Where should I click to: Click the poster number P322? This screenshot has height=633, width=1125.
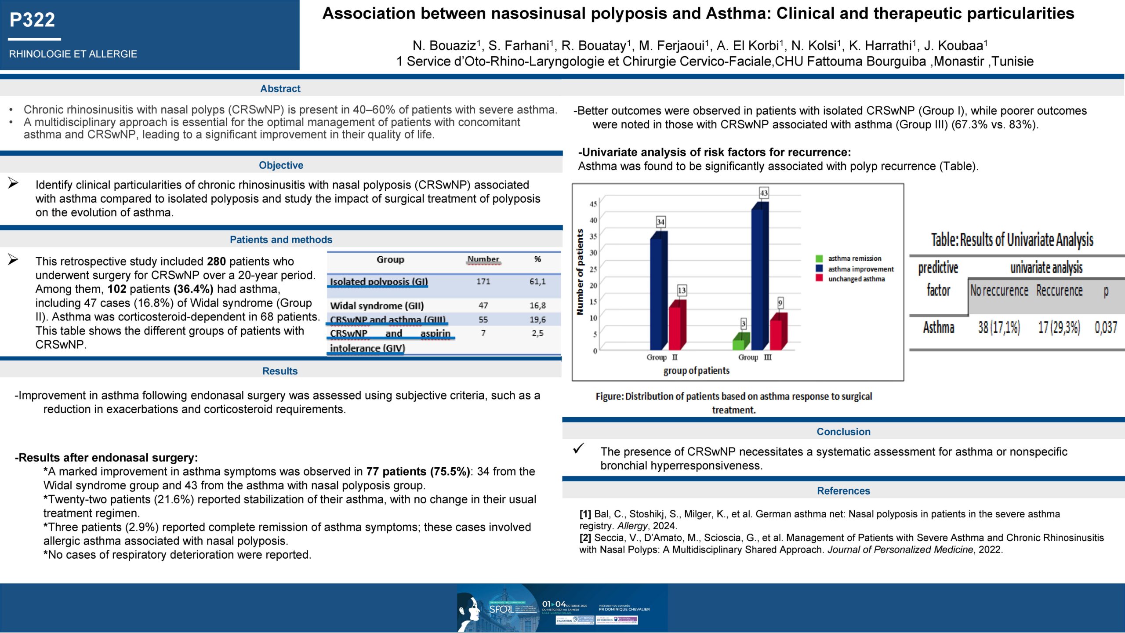(x=33, y=20)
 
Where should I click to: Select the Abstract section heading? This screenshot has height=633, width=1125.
(x=280, y=89)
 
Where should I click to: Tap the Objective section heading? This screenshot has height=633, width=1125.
(x=281, y=165)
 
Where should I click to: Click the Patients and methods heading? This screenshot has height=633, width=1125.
(x=281, y=240)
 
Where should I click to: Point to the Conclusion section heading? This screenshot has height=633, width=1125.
(x=843, y=432)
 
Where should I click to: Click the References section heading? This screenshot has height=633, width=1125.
(x=843, y=491)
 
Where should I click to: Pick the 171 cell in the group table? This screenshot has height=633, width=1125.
(x=483, y=281)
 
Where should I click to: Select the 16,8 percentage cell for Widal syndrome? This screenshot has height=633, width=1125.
(x=537, y=306)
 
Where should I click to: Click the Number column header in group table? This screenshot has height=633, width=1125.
(x=483, y=259)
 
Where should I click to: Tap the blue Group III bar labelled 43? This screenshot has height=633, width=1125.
(x=759, y=277)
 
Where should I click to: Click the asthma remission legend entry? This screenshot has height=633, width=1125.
(x=854, y=258)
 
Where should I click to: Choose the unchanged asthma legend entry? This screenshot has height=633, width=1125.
(x=856, y=279)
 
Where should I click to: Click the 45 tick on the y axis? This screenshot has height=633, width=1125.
(x=593, y=204)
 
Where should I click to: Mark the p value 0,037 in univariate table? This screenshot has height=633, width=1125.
(x=1106, y=327)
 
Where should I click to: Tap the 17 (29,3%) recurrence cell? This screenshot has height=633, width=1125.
(x=1059, y=327)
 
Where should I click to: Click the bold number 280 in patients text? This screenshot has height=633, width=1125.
(x=216, y=262)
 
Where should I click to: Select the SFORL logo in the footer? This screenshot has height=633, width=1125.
(x=501, y=609)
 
